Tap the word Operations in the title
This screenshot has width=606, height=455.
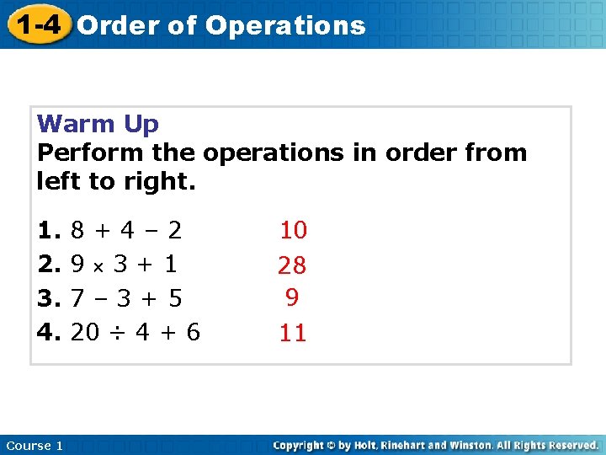pyautogui.click(x=285, y=26)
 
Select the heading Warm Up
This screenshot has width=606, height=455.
pyautogui.click(x=98, y=125)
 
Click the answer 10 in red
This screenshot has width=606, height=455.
pyautogui.click(x=294, y=229)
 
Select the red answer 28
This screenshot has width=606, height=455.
pyautogui.click(x=292, y=266)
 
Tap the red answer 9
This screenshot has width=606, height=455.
pyautogui.click(x=292, y=297)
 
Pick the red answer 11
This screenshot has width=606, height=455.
pyautogui.click(x=292, y=334)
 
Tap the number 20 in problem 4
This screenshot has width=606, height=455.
pyautogui.click(x=85, y=333)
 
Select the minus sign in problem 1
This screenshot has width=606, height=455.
pyautogui.click(x=151, y=230)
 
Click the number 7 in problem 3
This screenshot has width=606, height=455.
pyautogui.click(x=77, y=298)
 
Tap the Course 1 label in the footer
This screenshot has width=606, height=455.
pyautogui.click(x=35, y=446)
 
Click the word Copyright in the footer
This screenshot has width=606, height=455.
pyautogui.click(x=300, y=445)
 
